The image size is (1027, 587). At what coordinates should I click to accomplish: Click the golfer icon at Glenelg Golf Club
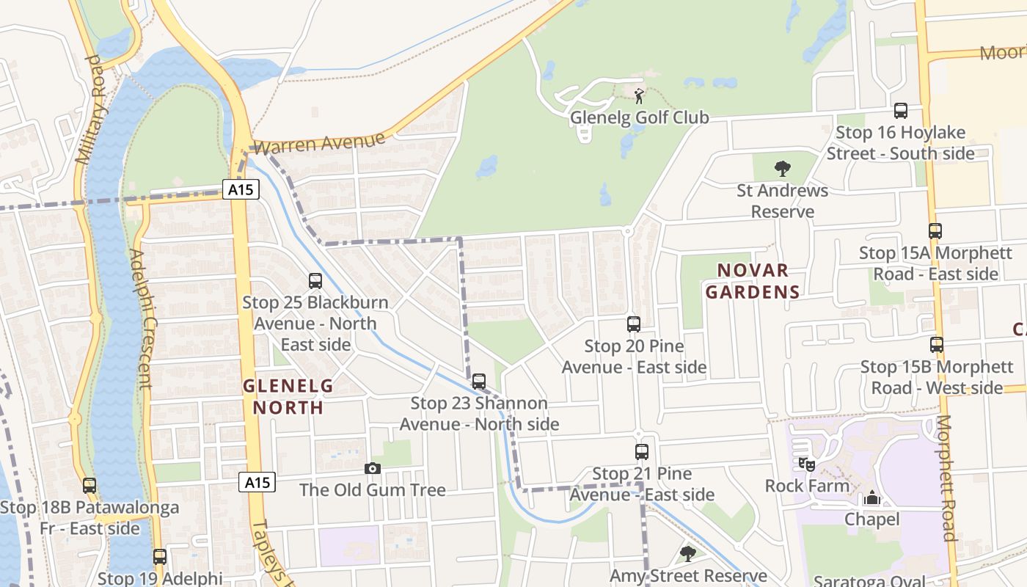coord(639,95)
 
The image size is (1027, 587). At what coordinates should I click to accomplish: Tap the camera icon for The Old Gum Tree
coord(373,468)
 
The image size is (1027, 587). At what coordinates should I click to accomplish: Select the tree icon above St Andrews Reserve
coord(783,169)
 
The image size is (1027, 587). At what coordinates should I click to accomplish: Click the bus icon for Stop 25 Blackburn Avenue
coord(315,280)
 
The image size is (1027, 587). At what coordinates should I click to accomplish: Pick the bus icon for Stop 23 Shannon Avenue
coord(479,382)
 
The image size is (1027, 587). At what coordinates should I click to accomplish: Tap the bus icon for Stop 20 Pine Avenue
coord(634,324)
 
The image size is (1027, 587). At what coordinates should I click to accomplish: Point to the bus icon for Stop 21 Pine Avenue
coord(642,452)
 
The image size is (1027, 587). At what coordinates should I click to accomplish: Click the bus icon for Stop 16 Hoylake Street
coord(901,111)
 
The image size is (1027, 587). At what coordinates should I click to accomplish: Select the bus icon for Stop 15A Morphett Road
coord(935,231)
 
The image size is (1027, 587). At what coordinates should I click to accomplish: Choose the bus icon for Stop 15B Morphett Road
coord(937,345)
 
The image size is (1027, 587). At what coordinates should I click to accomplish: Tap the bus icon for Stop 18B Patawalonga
coord(89,485)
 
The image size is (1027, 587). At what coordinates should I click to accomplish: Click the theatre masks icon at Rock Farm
coord(807,464)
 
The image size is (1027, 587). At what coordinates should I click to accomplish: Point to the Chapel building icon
coord(871,498)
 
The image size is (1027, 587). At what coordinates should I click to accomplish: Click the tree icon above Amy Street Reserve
coord(687,553)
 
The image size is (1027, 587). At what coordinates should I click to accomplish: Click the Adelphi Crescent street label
coord(140,319)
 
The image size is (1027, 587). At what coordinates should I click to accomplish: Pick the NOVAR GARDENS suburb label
coord(753,281)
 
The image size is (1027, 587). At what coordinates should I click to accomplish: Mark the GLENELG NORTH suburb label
coord(288,396)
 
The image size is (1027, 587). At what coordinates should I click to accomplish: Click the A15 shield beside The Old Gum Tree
coord(257,482)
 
